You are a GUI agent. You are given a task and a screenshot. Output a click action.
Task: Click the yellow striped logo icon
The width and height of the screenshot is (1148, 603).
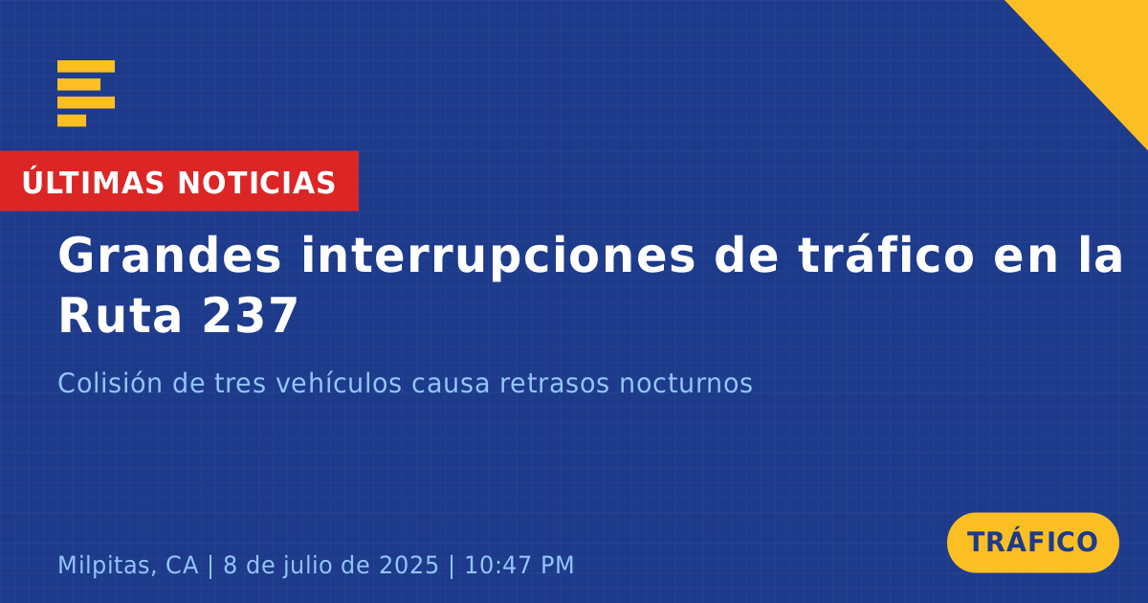[x=86, y=94]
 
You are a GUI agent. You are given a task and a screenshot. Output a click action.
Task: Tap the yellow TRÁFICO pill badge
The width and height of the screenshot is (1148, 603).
[x=1032, y=543]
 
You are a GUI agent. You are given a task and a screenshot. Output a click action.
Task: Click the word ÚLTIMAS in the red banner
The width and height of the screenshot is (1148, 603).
[x=94, y=182]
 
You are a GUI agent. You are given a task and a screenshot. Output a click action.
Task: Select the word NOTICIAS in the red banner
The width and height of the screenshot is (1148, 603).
[x=256, y=183]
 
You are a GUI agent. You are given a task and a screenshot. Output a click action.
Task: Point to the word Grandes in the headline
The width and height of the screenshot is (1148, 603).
[x=169, y=256]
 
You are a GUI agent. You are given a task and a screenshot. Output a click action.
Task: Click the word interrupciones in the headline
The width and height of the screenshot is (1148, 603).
[x=497, y=256]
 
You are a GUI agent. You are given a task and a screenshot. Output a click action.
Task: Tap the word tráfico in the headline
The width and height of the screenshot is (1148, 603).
[x=886, y=255]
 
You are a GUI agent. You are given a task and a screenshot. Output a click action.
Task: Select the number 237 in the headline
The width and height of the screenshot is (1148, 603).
[x=250, y=316]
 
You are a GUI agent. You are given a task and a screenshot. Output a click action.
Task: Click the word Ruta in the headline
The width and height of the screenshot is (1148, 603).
[x=121, y=316]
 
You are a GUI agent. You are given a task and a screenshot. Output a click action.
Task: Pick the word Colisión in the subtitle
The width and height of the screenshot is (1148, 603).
[x=110, y=383]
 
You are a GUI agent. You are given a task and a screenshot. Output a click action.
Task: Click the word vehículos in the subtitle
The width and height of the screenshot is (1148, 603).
[x=339, y=383]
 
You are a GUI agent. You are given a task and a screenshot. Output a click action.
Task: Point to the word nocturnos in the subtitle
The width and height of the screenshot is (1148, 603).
[x=686, y=383]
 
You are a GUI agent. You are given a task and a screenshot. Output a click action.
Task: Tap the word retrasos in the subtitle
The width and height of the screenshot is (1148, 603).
[x=555, y=384]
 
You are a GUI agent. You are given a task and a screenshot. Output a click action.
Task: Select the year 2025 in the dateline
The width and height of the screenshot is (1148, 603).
[x=408, y=565]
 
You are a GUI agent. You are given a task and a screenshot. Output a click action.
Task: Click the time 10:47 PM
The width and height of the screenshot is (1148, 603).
[x=519, y=565]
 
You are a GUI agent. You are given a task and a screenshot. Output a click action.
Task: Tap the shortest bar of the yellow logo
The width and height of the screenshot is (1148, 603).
[x=72, y=121]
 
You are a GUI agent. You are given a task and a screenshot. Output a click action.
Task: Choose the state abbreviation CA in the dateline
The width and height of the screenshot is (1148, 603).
[x=182, y=565]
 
